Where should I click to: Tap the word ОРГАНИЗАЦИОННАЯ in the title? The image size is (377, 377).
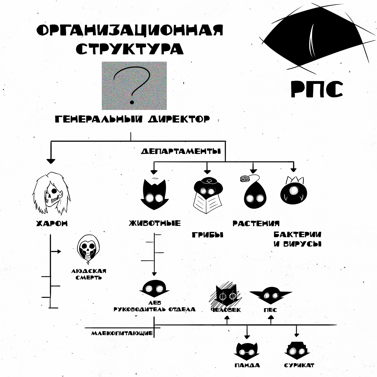pos(130,30)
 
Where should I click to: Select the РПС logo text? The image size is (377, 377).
pos(317,89)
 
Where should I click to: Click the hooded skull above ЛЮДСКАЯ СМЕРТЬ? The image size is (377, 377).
pos(88,249)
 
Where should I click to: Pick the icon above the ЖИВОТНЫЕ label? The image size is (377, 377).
pos(154,194)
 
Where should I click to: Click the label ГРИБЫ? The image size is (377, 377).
pos(208,235)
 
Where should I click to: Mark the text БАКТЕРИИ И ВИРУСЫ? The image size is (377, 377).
pos(298,239)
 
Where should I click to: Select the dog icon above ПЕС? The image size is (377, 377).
pos(271,295)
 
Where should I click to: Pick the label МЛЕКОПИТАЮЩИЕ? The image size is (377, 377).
pos(122,333)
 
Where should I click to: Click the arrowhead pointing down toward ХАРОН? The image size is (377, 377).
pos(51,161)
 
